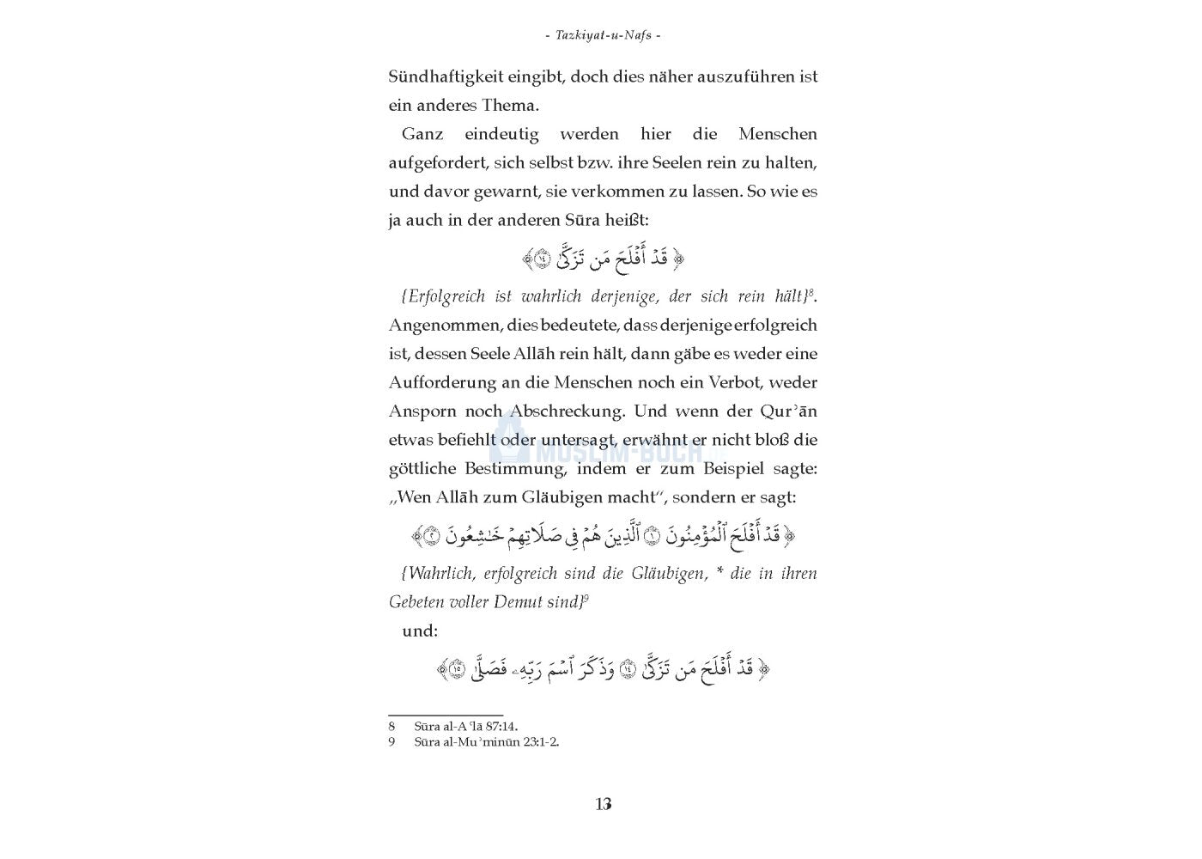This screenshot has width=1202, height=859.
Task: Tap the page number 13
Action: (x=603, y=804)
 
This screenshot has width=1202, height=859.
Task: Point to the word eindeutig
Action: (x=501, y=134)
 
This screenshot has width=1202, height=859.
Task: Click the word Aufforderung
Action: (x=442, y=382)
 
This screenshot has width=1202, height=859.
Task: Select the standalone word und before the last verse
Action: (x=420, y=631)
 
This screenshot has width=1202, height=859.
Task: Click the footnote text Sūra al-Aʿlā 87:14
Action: (x=465, y=726)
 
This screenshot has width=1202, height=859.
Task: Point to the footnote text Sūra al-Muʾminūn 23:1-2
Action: (x=486, y=741)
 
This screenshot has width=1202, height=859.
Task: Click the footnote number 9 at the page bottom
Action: (x=392, y=741)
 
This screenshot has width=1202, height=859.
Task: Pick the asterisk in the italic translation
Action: (x=719, y=574)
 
